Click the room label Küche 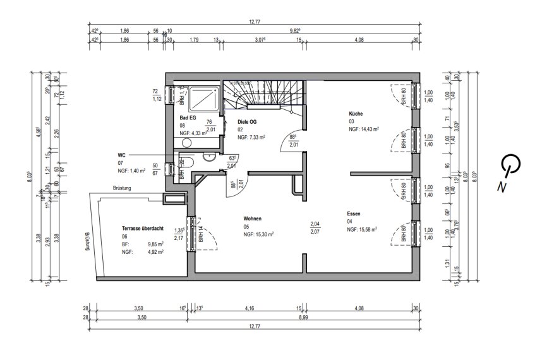point(356,114)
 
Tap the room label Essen point(354,214)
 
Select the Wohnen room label point(253,219)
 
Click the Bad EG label point(188,118)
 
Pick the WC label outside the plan point(121,155)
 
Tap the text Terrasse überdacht point(143,229)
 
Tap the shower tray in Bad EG point(203,99)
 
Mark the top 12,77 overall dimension point(255,23)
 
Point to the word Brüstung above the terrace point(123,188)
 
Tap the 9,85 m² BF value point(155,244)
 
